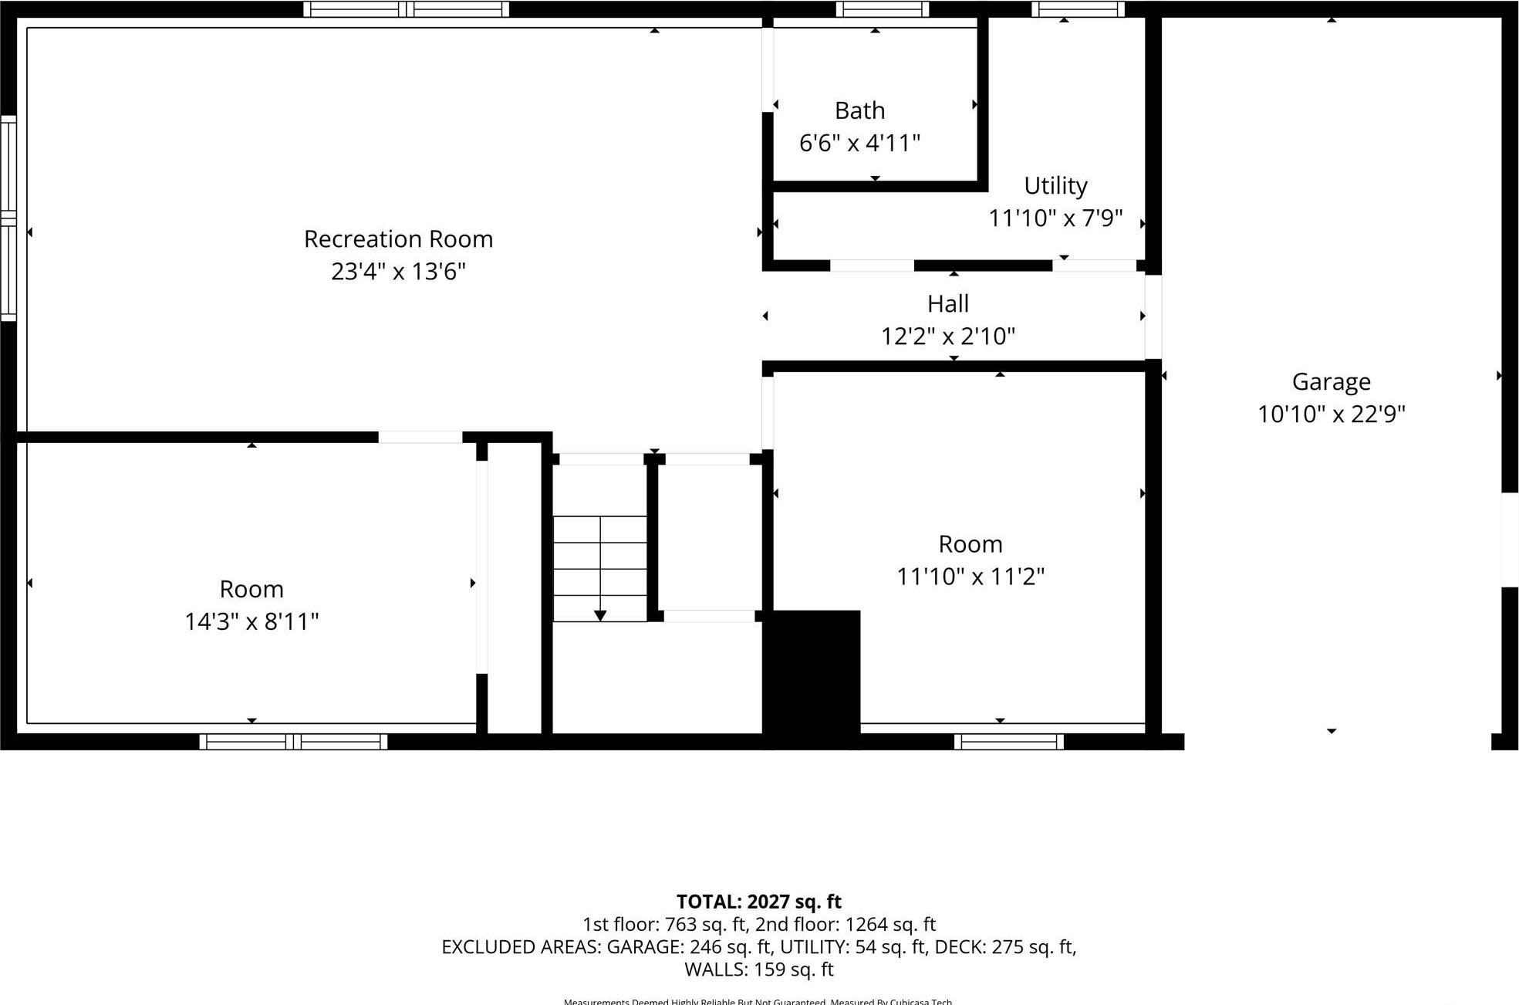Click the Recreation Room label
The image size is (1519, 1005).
398,239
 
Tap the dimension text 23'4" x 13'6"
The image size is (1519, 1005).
398,272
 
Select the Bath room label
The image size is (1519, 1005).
859,111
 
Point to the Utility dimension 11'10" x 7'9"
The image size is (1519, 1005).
1055,218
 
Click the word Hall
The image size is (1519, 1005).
947,304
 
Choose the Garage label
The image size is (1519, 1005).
1331,382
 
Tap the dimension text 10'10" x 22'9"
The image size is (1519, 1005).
1331,415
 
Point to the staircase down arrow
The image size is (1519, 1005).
599,614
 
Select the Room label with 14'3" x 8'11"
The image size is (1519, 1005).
251,590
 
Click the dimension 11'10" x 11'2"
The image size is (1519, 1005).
970,577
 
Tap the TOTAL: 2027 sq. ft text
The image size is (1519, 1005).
758,902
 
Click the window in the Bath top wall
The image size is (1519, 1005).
882,9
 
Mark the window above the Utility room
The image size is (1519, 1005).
1078,9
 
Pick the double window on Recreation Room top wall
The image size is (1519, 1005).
406,9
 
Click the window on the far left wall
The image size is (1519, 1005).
8,218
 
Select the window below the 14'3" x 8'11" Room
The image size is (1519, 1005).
293,742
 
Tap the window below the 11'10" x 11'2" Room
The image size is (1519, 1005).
1008,742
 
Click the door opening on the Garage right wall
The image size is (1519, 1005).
1510,539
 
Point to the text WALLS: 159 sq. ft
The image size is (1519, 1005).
758,969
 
